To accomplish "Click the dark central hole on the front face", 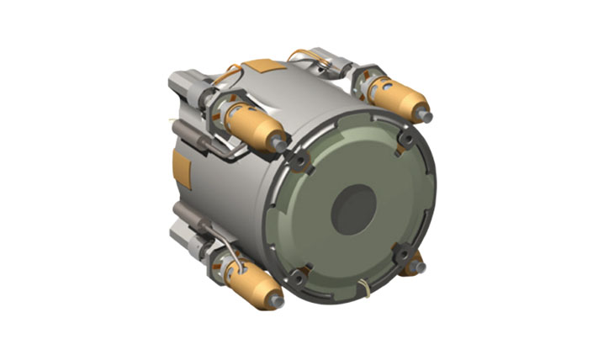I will tap(353, 209).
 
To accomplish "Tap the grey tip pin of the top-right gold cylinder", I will tap(425, 114).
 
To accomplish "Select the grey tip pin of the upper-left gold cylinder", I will tap(277, 144).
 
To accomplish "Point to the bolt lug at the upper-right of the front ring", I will tap(408, 137).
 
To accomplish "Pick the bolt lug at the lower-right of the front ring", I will tap(403, 251).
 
